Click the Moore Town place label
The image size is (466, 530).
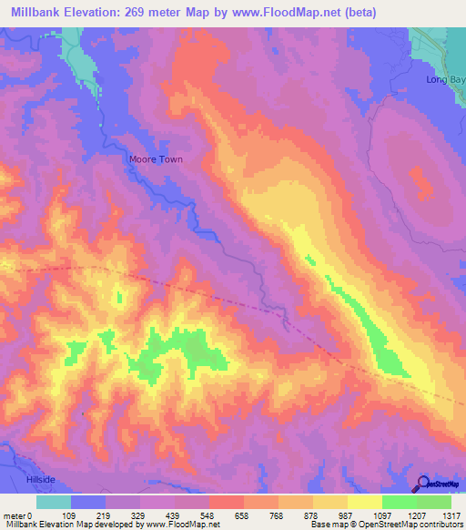tap(151, 158)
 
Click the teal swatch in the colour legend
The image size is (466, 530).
tap(54, 502)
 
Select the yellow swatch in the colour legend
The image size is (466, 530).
tap(365, 502)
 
